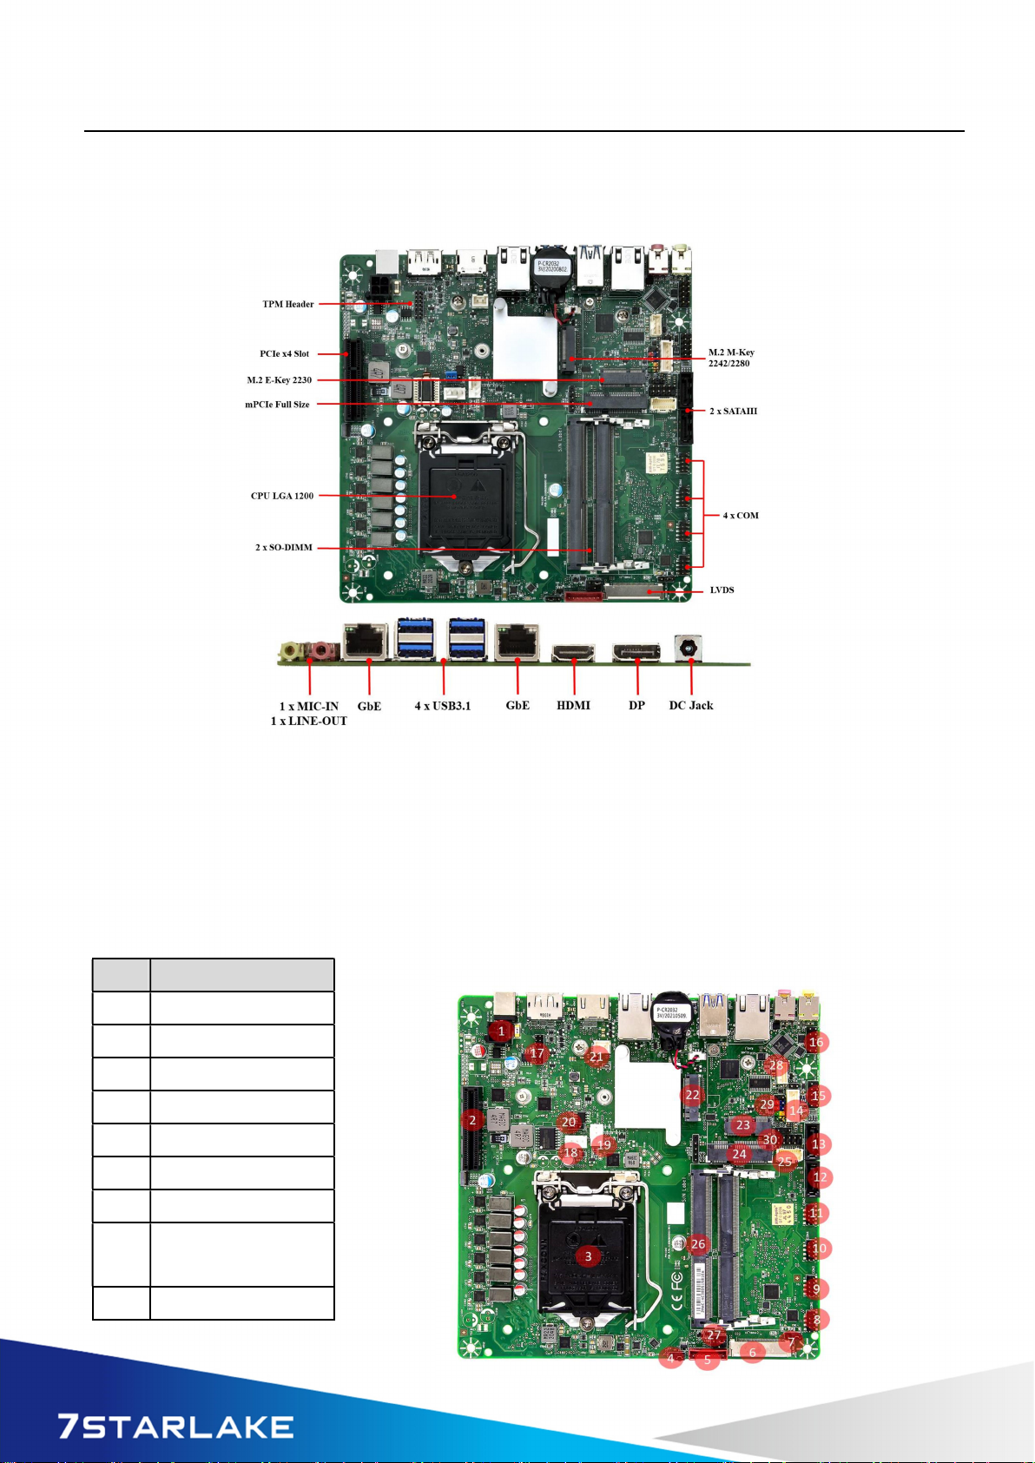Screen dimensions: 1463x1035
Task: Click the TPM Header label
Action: pyautogui.click(x=287, y=304)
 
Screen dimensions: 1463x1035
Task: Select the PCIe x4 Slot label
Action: pyautogui.click(x=284, y=353)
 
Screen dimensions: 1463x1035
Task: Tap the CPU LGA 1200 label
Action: pyautogui.click(x=282, y=496)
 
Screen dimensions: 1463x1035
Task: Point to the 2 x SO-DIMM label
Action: pyautogui.click(x=284, y=548)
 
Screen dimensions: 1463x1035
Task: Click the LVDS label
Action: pyautogui.click(x=722, y=590)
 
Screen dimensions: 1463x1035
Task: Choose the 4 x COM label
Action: pyautogui.click(x=741, y=516)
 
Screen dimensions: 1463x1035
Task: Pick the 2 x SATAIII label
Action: pyautogui.click(x=733, y=411)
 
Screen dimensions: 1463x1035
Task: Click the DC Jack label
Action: pyautogui.click(x=691, y=706)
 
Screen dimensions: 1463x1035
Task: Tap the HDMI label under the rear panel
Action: pyautogui.click(x=573, y=706)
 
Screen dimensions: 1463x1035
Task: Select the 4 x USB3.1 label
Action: pyautogui.click(x=443, y=706)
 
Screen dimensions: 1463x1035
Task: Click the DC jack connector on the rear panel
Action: pyautogui.click(x=691, y=648)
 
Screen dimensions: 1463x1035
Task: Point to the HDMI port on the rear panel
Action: pyautogui.click(x=573, y=650)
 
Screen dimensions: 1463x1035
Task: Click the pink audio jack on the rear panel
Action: pyautogui.click(x=322, y=649)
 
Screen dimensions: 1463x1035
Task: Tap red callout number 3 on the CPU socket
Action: pyautogui.click(x=588, y=1256)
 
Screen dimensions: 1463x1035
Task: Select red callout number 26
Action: pyautogui.click(x=699, y=1244)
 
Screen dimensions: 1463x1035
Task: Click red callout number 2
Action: pyautogui.click(x=472, y=1120)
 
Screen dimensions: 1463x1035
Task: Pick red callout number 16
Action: pyautogui.click(x=816, y=1042)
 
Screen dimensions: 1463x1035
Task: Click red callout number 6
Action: pyautogui.click(x=753, y=1352)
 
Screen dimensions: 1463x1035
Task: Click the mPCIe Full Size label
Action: pyautogui.click(x=277, y=405)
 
